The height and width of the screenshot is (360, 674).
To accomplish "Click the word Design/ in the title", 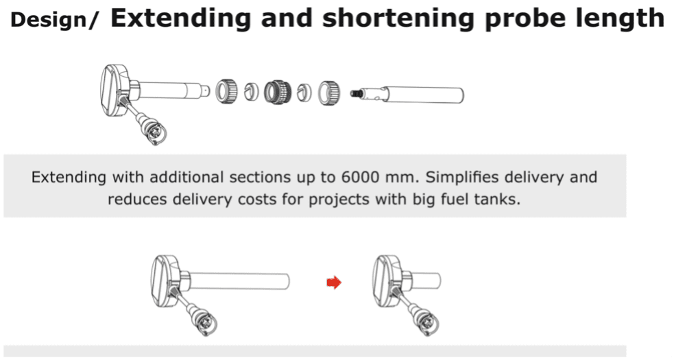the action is [x=55, y=20].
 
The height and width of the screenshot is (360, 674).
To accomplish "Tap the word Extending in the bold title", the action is [x=180, y=18].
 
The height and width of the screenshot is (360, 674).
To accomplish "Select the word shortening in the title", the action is [x=398, y=19].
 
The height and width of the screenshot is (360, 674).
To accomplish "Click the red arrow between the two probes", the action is [x=334, y=283].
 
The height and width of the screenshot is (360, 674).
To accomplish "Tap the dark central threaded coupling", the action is [x=277, y=93].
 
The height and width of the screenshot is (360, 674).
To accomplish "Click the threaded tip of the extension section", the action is [x=355, y=93].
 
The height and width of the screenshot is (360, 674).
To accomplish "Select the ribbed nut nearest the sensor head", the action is [x=226, y=91].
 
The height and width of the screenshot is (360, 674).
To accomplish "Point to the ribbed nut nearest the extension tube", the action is [x=329, y=93].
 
